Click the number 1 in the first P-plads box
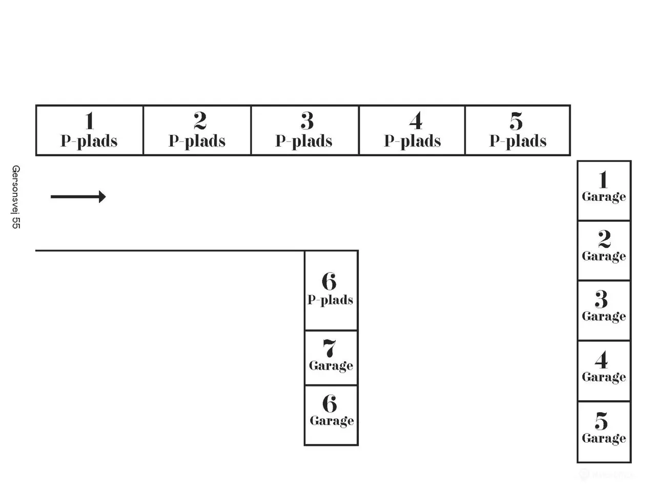pyautogui.click(x=90, y=120)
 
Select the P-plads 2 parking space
pyautogui.click(x=197, y=130)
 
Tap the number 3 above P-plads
pyautogui.click(x=307, y=120)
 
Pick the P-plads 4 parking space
pyautogui.click(x=412, y=130)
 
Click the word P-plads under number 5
pyautogui.click(x=518, y=141)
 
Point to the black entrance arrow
pyautogui.click(x=78, y=197)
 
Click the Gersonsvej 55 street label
pyautogui.click(x=16, y=197)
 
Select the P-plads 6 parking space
pyautogui.click(x=331, y=291)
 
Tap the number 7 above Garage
pyautogui.click(x=330, y=348)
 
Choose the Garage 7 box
pyautogui.click(x=331, y=358)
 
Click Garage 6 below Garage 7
pyautogui.click(x=331, y=415)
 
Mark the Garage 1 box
pyautogui.click(x=604, y=191)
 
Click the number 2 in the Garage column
pyautogui.click(x=604, y=239)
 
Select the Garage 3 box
pyautogui.click(x=604, y=311)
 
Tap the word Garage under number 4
pyautogui.click(x=604, y=377)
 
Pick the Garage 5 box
pyautogui.click(x=604, y=432)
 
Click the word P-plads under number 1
pyautogui.click(x=89, y=141)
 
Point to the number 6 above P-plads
pyautogui.click(x=329, y=281)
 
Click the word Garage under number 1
pyautogui.click(x=604, y=197)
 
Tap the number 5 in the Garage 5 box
pyautogui.click(x=601, y=421)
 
